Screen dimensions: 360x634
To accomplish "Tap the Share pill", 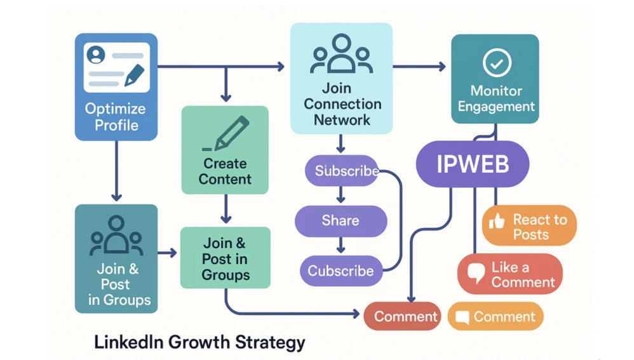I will pyautogui.click(x=341, y=220).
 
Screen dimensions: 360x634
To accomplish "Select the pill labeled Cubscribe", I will pyautogui.click(x=341, y=270).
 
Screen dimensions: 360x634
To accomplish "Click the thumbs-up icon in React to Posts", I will pyautogui.click(x=497, y=221).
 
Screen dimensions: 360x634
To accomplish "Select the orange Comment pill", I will pyautogui.click(x=496, y=316).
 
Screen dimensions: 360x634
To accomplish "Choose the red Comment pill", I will pyautogui.click(x=402, y=316).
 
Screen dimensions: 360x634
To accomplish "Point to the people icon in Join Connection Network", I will pyautogui.click(x=341, y=55).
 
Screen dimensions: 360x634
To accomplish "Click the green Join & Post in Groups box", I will pyautogui.click(x=226, y=258).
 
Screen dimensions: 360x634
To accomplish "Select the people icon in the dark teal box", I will pyautogui.click(x=116, y=235).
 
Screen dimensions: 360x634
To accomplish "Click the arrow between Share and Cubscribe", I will pyautogui.click(x=341, y=245).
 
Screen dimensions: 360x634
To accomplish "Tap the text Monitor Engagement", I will pyautogui.click(x=496, y=99).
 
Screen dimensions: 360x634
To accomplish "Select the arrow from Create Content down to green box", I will pyautogui.click(x=225, y=210).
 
